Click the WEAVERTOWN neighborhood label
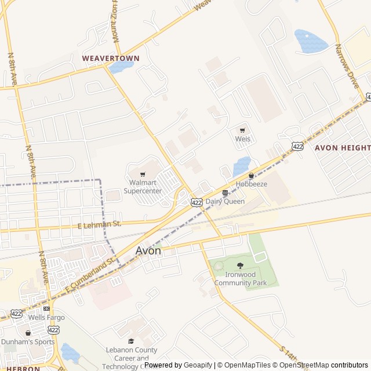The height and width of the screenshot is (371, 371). click(x=111, y=59)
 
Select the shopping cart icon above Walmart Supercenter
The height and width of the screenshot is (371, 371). click(x=143, y=173)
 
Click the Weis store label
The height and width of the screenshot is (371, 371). click(x=242, y=139)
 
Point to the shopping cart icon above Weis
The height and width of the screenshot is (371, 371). click(x=242, y=130)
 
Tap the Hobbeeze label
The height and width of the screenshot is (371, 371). click(x=251, y=184)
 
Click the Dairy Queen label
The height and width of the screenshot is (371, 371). click(x=225, y=201)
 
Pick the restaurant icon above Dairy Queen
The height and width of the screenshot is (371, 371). click(x=225, y=192)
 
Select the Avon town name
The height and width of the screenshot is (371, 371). click(x=148, y=251)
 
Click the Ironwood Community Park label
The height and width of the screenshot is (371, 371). click(x=241, y=279)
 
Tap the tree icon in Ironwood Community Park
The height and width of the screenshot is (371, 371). click(x=241, y=266)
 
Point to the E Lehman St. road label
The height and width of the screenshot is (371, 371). click(x=99, y=224)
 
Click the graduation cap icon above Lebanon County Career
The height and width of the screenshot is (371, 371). click(x=131, y=341)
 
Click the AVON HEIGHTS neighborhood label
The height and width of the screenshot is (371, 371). click(x=343, y=148)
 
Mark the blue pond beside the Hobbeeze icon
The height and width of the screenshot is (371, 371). click(x=242, y=166)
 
